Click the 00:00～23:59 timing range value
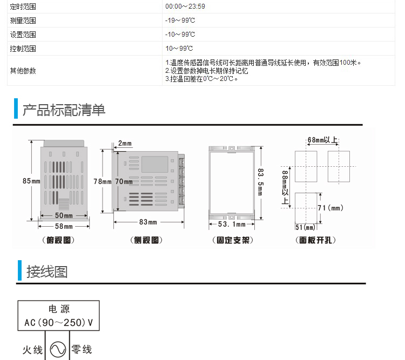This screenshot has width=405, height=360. click(185, 7)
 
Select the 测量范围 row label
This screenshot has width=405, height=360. click(23, 21)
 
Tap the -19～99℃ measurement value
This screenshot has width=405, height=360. click(180, 21)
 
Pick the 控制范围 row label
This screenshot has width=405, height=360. click(23, 49)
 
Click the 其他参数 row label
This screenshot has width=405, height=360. click(23, 71)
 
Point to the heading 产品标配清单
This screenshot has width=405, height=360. click(64, 110)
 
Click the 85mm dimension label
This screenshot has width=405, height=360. click(31, 181)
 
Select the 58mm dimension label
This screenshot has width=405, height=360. click(64, 227)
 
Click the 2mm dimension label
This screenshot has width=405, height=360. click(125, 144)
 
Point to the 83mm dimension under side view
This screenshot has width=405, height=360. click(148, 222)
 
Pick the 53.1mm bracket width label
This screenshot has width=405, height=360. click(231, 225)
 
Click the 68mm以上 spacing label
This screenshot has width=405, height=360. click(322, 140)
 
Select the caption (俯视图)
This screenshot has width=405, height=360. click(58, 240)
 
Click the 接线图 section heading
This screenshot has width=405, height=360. click(47, 271)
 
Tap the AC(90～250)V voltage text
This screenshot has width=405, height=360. click(59, 323)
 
